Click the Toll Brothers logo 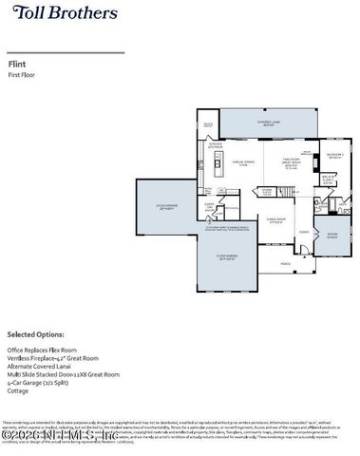tap(63, 13)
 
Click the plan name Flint tap(16, 65)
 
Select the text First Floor tap(20, 74)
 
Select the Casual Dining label tap(242, 163)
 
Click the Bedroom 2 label tap(332, 157)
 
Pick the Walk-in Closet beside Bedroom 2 tap(330, 178)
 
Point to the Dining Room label tap(276, 223)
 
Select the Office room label tap(332, 236)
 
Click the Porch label tap(286, 264)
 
